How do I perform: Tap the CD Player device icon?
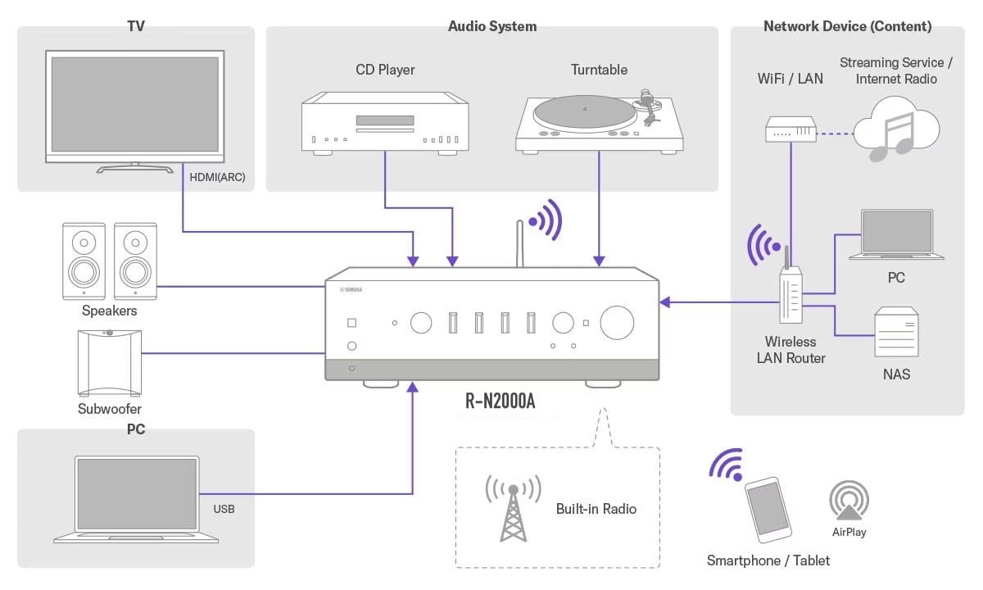coord(385,123)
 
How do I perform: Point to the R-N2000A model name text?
coord(501,402)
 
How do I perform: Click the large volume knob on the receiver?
coord(617,322)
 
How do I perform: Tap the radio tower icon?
coord(513,507)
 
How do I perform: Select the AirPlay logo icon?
coord(849,501)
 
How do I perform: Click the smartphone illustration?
coord(768,509)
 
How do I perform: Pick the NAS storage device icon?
coord(896,334)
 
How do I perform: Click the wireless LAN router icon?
coord(791,291)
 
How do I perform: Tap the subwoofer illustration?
coord(109,361)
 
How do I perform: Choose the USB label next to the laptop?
coord(224,509)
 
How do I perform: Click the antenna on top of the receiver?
coord(519,244)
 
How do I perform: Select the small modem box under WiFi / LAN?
coord(791,129)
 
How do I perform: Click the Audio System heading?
coord(492,26)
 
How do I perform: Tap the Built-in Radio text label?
coord(596,509)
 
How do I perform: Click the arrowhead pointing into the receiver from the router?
coord(665,302)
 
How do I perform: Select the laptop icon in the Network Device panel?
coord(896,235)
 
